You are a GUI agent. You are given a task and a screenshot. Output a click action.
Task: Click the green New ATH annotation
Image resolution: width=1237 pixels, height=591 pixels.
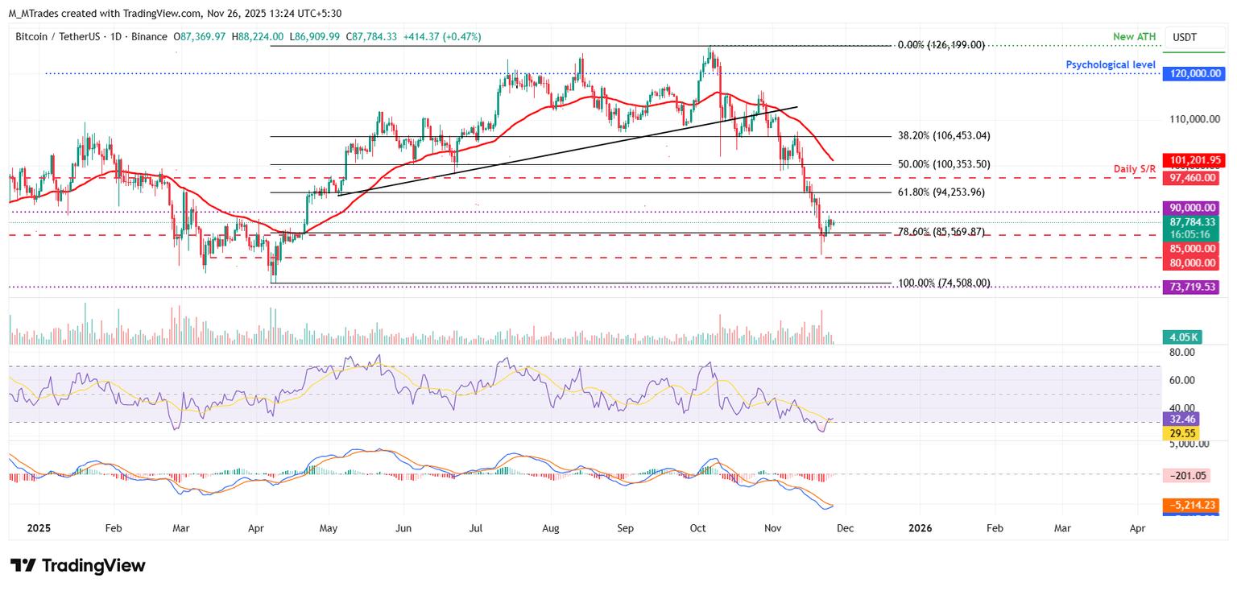1134,38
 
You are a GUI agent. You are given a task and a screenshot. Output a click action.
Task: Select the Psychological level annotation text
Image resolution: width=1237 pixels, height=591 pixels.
1111,64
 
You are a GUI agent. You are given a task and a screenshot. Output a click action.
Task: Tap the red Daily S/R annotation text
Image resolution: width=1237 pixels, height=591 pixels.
1134,168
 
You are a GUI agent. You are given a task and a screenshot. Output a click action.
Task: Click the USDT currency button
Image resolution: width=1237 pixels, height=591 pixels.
1184,37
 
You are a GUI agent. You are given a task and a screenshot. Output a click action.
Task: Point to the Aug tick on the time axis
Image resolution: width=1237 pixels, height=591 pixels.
551,528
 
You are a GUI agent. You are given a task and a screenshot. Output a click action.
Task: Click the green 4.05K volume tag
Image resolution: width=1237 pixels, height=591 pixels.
1181,337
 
